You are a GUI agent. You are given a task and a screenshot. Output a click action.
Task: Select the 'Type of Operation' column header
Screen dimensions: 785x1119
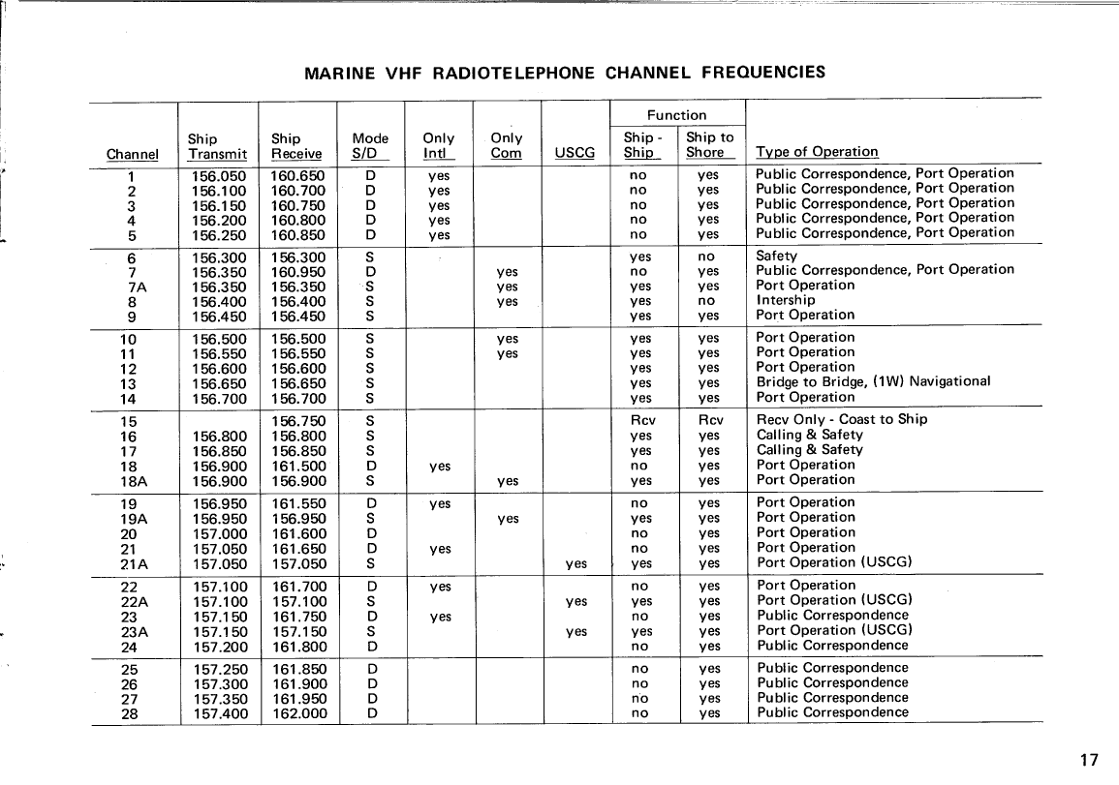coord(817,152)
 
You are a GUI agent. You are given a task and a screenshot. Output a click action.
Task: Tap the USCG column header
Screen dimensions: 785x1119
coord(575,153)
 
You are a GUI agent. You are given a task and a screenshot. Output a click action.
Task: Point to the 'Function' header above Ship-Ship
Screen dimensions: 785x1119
coord(677,115)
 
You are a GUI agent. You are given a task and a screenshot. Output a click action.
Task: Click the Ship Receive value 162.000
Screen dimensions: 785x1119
coord(299,714)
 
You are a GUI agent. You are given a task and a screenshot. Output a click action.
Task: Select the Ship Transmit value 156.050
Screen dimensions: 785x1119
coord(219,176)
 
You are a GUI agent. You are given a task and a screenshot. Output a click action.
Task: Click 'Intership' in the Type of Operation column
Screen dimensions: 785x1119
coord(786,300)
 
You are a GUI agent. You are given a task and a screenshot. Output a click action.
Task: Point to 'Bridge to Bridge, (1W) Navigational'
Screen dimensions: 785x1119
coord(873,381)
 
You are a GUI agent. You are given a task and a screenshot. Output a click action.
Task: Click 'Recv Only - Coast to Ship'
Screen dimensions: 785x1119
coord(841,419)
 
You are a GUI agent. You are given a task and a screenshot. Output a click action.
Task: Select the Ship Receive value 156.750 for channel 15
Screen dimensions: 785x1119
coord(299,421)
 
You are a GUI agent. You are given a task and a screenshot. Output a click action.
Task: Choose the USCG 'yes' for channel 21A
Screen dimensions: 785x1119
coord(575,562)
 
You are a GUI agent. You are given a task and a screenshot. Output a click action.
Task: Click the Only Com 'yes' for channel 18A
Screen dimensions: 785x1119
coord(507,481)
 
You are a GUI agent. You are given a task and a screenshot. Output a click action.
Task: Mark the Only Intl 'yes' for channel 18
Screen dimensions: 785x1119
coord(440,467)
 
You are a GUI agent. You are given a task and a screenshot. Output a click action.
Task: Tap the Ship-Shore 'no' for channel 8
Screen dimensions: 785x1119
coord(706,301)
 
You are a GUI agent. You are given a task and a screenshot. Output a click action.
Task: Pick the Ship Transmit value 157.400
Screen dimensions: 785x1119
coord(219,714)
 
